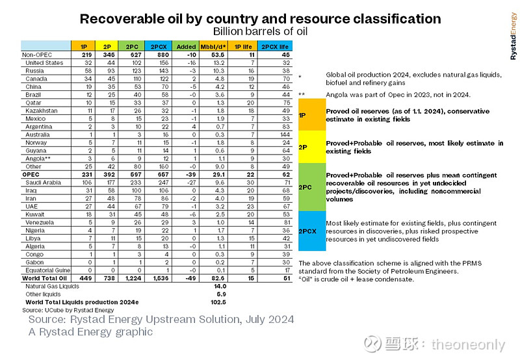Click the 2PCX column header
coord(159,46)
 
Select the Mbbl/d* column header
coord(213,46)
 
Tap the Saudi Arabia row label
coord(43,183)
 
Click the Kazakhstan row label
coord(42,110)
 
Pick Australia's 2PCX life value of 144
coord(285,135)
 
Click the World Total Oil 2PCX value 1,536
coord(161,278)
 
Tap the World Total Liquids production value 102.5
coord(218,302)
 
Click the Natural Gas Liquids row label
coord(52,286)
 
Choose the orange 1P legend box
coord(312,115)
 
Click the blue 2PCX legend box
coord(312,231)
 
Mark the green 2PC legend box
coord(312,187)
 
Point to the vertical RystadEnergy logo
coord(513,36)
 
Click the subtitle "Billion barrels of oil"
coord(261,31)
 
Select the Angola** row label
coord(38,159)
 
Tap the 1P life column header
coord(243,46)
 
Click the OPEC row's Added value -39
coord(190,174)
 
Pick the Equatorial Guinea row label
coord(47,270)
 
